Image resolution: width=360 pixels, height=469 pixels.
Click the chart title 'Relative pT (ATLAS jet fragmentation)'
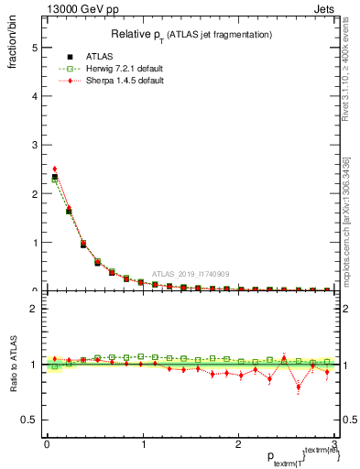tap(190, 34)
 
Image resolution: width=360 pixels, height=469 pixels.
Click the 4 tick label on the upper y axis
tap(34, 96)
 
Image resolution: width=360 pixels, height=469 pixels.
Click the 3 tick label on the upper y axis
tap(34, 145)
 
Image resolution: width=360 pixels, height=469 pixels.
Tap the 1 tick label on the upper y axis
tap(34, 243)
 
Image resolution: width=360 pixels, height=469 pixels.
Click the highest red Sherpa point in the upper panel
tap(55, 169)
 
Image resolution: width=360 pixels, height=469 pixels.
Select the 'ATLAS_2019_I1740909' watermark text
tap(192, 273)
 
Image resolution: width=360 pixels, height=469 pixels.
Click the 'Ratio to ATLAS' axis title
tap(13, 364)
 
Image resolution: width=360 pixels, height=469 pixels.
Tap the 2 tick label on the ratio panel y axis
tap(34, 309)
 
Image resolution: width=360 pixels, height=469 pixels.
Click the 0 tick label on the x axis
tap(47, 443)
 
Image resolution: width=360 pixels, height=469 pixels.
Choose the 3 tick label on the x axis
tap(335, 443)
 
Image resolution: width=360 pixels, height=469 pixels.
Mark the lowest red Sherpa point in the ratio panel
tap(299, 387)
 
